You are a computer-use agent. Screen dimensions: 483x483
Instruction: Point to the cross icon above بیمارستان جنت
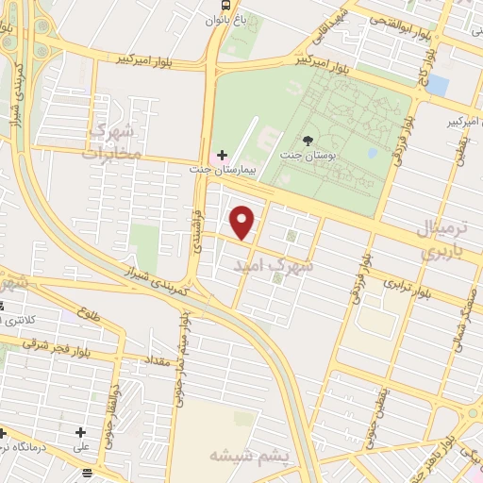point(222,154)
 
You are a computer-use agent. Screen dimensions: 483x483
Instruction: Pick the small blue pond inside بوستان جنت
point(373,152)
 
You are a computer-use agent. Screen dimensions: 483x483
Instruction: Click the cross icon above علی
point(79,433)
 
